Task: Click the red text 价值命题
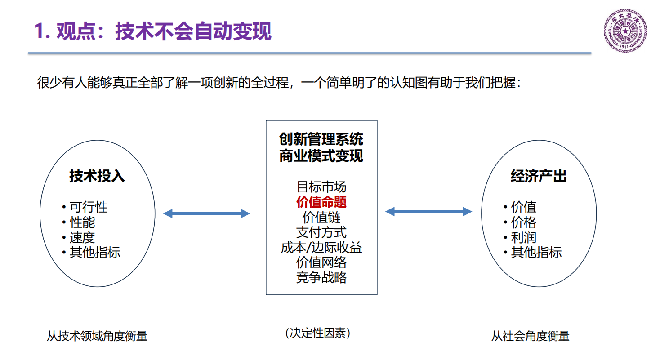(321, 202)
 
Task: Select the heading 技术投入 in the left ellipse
(97, 176)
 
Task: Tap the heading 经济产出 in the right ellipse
(539, 176)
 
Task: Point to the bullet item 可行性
(89, 207)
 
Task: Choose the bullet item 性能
(82, 222)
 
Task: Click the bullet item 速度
(82, 237)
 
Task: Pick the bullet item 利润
(524, 237)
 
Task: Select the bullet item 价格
(524, 222)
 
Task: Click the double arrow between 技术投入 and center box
(206, 213)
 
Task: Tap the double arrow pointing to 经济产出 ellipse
(429, 211)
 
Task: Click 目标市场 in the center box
(321, 187)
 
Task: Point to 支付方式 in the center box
(321, 232)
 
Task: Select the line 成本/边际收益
(321, 248)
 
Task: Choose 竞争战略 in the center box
(321, 278)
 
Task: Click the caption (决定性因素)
(317, 333)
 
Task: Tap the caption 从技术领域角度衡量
(97, 336)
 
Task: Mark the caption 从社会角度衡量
(530, 336)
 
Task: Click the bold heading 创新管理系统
(321, 139)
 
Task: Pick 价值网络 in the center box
(321, 262)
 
